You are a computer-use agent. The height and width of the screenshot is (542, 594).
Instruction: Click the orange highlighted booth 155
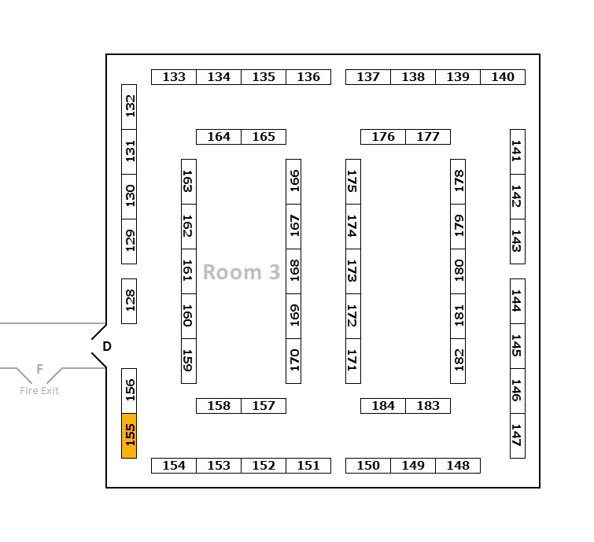point(129,435)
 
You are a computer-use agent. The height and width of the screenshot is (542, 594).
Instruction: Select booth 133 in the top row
point(174,77)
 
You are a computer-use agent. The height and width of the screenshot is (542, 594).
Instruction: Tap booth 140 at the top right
point(503,77)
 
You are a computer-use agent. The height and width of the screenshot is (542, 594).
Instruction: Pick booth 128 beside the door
point(129,300)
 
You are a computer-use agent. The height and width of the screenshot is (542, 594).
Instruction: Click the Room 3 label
point(242,272)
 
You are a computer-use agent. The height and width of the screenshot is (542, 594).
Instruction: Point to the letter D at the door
point(107,346)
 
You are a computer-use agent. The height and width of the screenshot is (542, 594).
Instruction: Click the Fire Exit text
point(39,391)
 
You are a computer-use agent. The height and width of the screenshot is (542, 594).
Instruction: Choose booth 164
point(219,137)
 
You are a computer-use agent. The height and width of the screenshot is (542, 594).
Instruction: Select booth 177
point(428,137)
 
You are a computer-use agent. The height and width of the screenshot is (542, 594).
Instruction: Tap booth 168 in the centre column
point(293,271)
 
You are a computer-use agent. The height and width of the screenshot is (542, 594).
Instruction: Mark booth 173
point(353,271)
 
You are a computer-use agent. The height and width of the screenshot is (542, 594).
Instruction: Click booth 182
point(458,360)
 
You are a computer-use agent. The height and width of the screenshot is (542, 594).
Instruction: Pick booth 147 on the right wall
point(517,435)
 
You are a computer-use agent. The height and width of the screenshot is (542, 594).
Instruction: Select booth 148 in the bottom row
point(458,466)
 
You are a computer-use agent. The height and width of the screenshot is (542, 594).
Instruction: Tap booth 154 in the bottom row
point(174,466)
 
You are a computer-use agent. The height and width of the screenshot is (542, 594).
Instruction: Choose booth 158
point(219,406)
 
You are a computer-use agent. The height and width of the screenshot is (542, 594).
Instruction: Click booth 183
point(428,406)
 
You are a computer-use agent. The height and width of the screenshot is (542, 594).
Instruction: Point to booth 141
point(517,151)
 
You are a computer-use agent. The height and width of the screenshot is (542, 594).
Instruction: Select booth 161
point(189,271)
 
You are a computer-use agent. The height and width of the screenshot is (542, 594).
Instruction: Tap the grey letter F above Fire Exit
point(39,369)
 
